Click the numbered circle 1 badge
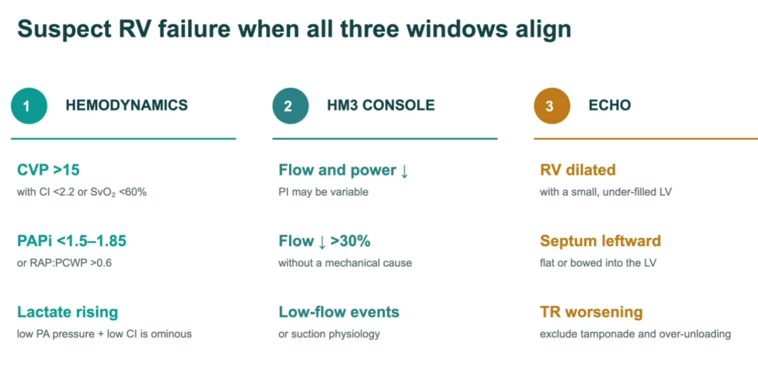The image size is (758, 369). [x=29, y=106]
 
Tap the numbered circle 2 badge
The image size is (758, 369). [x=290, y=106]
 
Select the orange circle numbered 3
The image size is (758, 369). [x=552, y=106]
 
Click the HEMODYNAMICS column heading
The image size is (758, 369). [x=126, y=105]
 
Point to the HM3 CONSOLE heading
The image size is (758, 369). [x=381, y=105]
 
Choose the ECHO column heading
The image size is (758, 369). [x=610, y=105]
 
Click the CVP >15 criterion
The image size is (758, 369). [x=48, y=170]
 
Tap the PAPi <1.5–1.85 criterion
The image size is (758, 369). [x=72, y=241]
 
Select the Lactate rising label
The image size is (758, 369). [x=68, y=312]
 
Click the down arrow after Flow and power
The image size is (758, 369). [x=404, y=171]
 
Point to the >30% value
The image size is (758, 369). [x=350, y=241]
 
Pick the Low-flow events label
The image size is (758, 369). [x=339, y=312]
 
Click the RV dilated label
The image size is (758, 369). [x=578, y=170]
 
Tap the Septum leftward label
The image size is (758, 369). [x=600, y=241]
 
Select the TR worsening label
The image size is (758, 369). [x=591, y=312]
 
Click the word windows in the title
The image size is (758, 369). [x=457, y=29]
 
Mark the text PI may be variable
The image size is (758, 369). [x=323, y=192]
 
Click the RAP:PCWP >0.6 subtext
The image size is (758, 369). [x=71, y=263]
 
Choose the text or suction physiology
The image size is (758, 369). [x=329, y=334]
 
